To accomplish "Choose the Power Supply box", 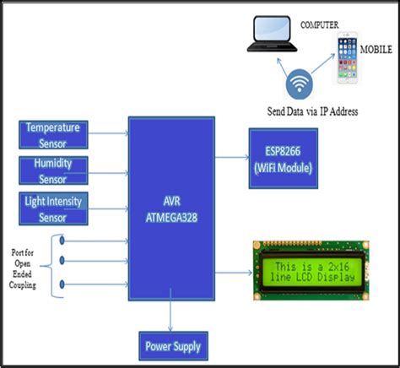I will tap(172, 345).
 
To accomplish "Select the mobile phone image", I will tap(349, 57).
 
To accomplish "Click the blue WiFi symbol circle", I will tap(298, 84).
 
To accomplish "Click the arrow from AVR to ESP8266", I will tap(231, 156).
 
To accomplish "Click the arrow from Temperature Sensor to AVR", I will tap(110, 133).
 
